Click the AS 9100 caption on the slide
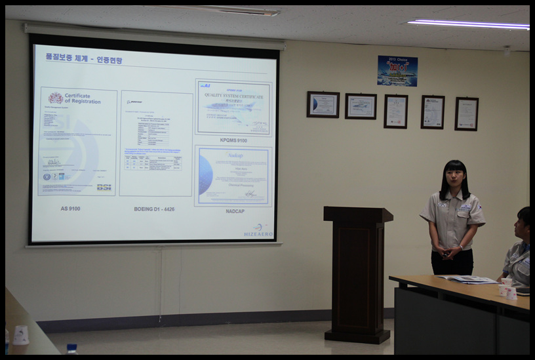71,209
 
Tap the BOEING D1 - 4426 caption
155,209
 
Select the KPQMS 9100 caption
233,140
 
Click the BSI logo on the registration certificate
104,187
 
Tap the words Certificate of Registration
82,98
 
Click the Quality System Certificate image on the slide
233,108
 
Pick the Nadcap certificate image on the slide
233,176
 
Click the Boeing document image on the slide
156,143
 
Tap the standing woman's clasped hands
450,251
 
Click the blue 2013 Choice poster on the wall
397,71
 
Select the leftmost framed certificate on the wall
323,104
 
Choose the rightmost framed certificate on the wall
466,113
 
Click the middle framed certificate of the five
395,111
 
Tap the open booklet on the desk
468,279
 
